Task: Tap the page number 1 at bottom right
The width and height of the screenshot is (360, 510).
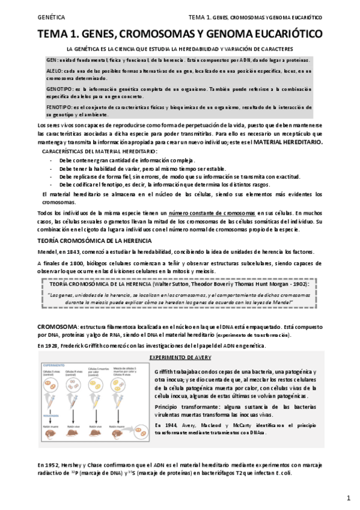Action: click(x=348, y=498)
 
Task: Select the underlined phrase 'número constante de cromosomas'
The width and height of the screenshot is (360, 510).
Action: click(x=212, y=214)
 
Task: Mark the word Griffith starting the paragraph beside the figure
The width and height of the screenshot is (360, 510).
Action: click(x=163, y=372)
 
